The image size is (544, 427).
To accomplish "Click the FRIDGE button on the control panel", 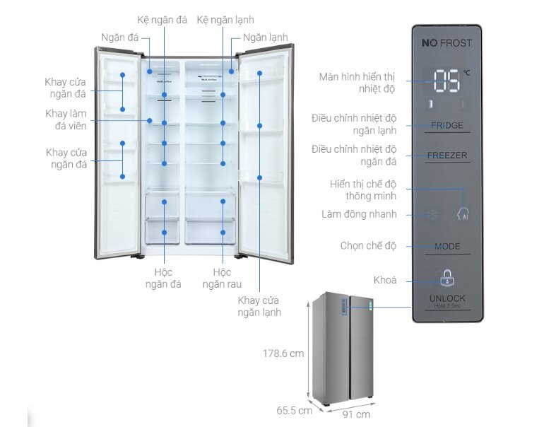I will pyautogui.click(x=447, y=126).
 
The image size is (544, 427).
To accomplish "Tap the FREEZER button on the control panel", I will pyautogui.click(x=447, y=156).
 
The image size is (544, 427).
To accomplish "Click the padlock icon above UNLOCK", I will pyautogui.click(x=447, y=276).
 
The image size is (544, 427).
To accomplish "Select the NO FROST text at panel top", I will pyautogui.click(x=447, y=43).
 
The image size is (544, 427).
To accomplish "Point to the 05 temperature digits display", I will pyautogui.click(x=447, y=81).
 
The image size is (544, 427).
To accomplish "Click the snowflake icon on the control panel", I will pyautogui.click(x=431, y=214).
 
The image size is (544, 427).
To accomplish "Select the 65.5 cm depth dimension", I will pyautogui.click(x=294, y=410).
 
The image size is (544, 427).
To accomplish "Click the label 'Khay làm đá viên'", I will pyautogui.click(x=66, y=119).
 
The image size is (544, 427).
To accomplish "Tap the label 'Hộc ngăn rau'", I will pyautogui.click(x=222, y=278).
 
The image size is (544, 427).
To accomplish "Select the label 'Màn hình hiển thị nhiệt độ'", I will pyautogui.click(x=357, y=82).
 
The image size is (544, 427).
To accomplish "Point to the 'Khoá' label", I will pyautogui.click(x=384, y=280).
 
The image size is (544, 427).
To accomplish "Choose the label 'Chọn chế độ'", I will pyautogui.click(x=368, y=246).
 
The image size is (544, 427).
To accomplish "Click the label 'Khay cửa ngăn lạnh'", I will pyautogui.click(x=259, y=305).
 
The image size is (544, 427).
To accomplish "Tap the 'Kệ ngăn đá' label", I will pyautogui.click(x=162, y=20).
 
